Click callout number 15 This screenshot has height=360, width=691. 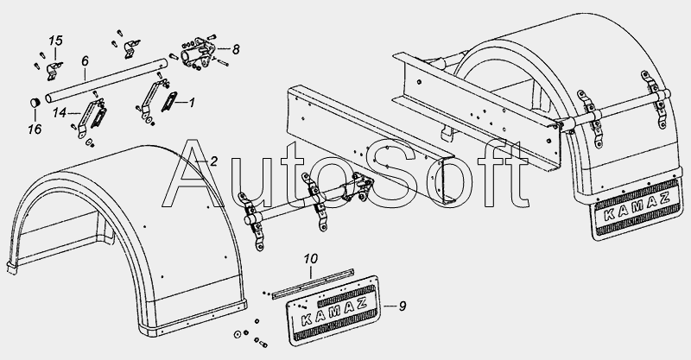[55, 41]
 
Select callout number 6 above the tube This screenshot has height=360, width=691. [85, 61]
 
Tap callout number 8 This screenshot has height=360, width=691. [236, 49]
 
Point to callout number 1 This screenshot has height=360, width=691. [191, 103]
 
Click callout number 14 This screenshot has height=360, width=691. [60, 113]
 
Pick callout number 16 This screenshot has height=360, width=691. [35, 129]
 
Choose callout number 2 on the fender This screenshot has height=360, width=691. [213, 161]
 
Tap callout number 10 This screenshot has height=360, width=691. [311, 259]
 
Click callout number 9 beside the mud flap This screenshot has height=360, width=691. [402, 306]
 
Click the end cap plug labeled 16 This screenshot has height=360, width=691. [35, 104]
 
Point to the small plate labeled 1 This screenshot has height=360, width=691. [169, 102]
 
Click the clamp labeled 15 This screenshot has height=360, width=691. [54, 72]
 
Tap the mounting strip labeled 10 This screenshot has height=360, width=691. [314, 282]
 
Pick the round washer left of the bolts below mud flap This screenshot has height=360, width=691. [237, 334]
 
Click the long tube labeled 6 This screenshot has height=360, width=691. [106, 80]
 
